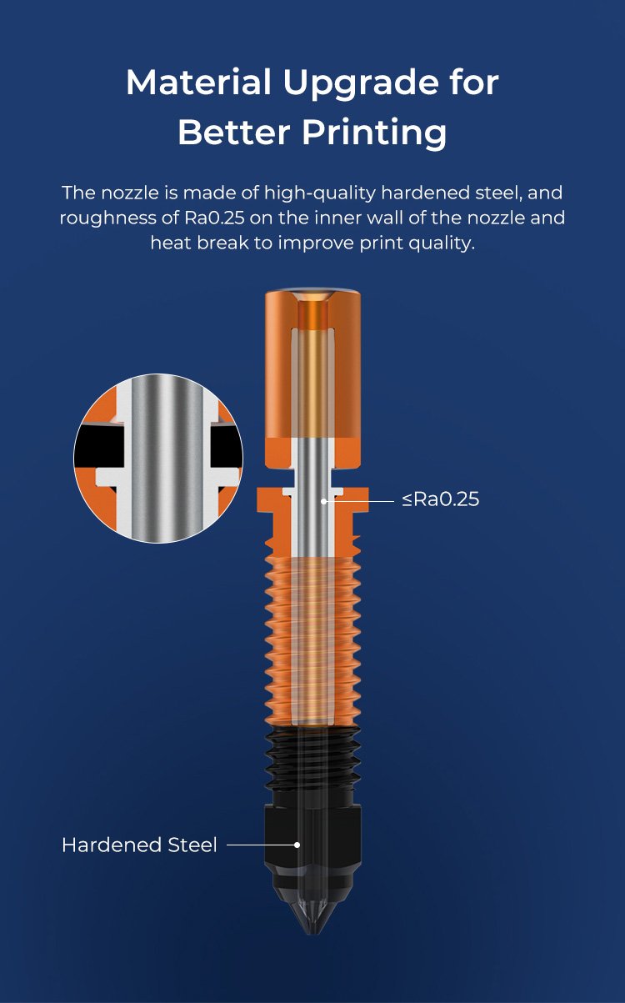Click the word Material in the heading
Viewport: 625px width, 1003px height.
(198, 83)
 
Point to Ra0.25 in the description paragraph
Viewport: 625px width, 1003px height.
(214, 218)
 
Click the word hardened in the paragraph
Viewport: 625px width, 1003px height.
(424, 193)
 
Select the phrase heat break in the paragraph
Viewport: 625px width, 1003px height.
(199, 243)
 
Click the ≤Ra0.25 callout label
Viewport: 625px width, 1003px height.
(440, 499)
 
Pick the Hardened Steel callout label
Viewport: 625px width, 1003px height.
(140, 845)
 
